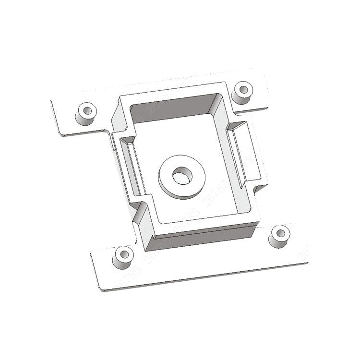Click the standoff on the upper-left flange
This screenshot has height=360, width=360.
86,114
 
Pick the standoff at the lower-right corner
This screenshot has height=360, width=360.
279,236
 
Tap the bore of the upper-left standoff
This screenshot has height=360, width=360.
87,109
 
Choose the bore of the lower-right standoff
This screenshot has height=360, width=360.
280,233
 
